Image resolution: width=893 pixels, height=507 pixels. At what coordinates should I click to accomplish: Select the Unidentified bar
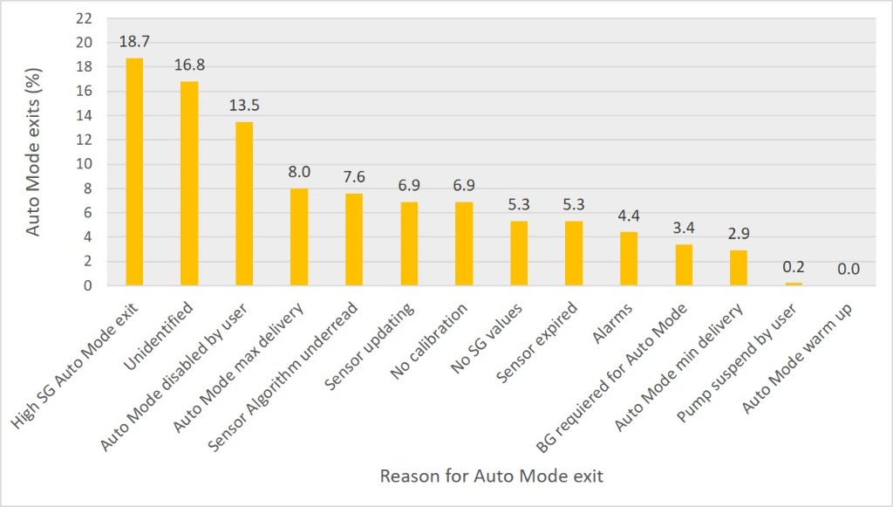[x=189, y=183]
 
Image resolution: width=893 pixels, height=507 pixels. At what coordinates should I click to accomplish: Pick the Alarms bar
[x=629, y=258]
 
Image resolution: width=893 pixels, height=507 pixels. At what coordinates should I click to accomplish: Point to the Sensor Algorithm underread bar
[x=354, y=239]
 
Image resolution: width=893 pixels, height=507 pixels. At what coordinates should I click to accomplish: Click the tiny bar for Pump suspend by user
[x=794, y=284]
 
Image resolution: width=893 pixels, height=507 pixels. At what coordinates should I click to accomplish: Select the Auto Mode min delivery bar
[x=739, y=268]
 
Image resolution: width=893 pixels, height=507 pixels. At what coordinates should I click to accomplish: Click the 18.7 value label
[x=134, y=42]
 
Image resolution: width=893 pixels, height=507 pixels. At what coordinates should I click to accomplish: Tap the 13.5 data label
[x=244, y=106]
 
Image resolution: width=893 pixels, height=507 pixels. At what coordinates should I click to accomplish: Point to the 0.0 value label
[x=848, y=269]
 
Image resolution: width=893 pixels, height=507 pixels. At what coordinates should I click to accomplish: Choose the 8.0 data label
[x=299, y=172]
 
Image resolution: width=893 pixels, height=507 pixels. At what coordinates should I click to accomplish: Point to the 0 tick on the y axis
[x=86, y=285]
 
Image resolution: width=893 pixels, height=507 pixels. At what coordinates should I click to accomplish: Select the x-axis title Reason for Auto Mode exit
[x=491, y=477]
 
